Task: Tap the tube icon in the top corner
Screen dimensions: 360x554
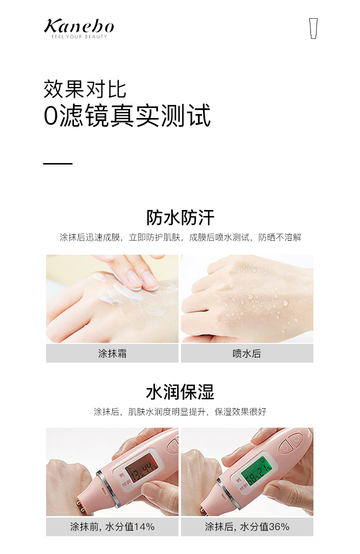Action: click(313, 28)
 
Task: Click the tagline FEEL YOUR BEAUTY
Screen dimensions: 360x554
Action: click(79, 36)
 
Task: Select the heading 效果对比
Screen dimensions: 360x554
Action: click(85, 89)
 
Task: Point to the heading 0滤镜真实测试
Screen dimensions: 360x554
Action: click(127, 115)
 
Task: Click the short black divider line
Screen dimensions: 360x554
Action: click(58, 164)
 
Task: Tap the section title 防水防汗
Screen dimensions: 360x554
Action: click(180, 217)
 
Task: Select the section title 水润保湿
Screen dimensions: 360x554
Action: click(180, 392)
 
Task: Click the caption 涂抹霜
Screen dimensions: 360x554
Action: click(112, 354)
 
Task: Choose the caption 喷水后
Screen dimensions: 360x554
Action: click(247, 354)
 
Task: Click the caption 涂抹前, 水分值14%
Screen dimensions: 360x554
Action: click(112, 527)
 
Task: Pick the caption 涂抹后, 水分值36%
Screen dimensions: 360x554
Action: click(247, 527)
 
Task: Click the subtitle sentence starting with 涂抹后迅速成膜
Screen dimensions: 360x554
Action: click(180, 237)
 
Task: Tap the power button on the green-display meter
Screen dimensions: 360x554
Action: click(296, 440)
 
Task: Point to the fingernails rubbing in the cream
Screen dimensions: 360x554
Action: click(142, 280)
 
